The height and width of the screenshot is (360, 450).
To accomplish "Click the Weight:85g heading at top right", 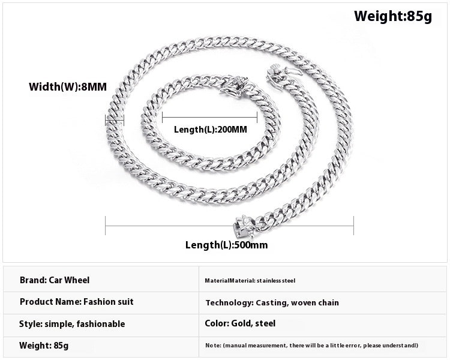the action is point(393,16).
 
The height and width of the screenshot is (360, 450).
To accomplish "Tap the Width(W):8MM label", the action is point(68,86).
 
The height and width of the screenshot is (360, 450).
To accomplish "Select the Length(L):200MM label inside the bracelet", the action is point(211,130).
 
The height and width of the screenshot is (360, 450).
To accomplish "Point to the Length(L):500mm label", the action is point(226,245).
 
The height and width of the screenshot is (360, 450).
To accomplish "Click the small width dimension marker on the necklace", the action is point(115,120).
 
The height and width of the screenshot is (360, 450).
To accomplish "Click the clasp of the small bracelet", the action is point(233,86).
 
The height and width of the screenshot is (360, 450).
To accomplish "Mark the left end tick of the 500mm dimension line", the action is point(106,226).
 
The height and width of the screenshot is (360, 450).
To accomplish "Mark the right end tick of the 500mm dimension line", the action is point(353,226).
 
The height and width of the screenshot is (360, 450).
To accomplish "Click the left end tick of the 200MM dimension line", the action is point(162,117).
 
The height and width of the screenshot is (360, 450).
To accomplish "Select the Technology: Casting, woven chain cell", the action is point(272,302).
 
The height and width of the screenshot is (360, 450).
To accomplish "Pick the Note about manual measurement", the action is point(311,346).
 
